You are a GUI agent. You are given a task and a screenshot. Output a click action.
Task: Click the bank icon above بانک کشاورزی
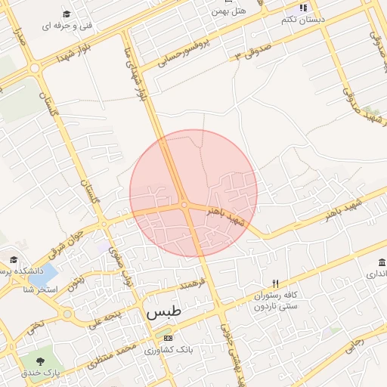[168, 338]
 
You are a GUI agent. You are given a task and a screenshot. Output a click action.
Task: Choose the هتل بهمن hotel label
[230, 11]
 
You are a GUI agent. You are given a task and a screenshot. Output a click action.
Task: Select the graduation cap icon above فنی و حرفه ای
[67, 14]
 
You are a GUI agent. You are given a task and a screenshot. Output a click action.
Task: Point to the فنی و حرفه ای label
[67, 26]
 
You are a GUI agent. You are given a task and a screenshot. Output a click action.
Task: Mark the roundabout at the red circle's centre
[184, 204]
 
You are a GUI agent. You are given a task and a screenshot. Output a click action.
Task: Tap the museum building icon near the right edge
[379, 262]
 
